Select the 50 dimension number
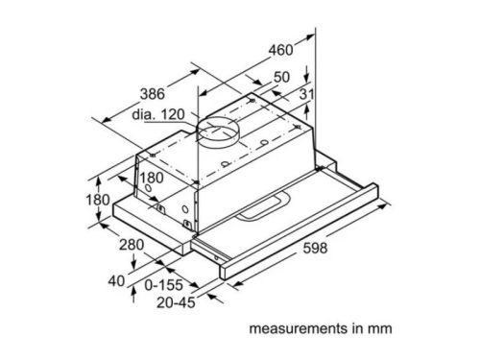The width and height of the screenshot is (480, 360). [281, 76]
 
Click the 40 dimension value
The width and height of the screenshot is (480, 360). [116, 280]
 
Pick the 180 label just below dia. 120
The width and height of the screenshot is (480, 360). [149, 179]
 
